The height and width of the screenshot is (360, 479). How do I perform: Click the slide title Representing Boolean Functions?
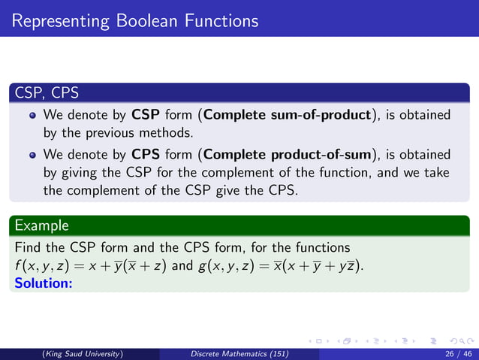click(x=135, y=20)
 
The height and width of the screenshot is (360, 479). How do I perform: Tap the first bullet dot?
click(x=32, y=116)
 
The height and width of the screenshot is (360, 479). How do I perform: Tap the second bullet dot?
click(x=32, y=156)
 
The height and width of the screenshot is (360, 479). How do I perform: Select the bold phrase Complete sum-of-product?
click(x=288, y=116)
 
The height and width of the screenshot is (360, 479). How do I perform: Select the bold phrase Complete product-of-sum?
click(x=289, y=155)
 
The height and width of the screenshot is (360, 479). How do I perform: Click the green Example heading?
click(x=41, y=225)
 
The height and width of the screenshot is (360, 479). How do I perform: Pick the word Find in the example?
click(x=29, y=247)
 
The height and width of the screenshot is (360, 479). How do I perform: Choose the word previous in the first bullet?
click(x=110, y=133)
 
